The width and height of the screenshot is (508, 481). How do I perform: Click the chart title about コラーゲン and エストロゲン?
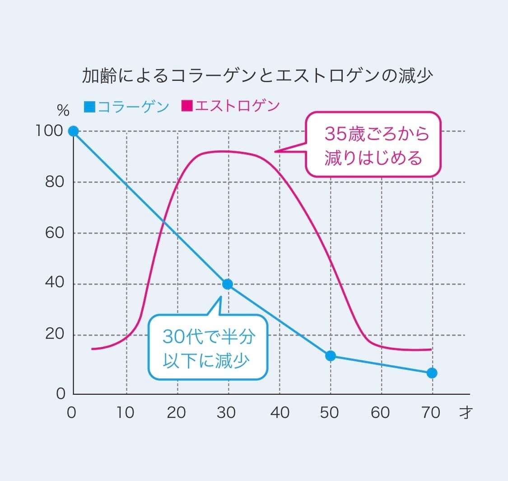(x=257, y=76)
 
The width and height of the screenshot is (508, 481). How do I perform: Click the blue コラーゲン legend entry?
(x=127, y=107)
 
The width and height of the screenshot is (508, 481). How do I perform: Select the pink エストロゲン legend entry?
(x=231, y=106)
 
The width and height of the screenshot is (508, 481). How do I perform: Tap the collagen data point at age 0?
(x=74, y=131)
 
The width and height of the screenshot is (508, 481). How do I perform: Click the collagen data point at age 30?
(x=228, y=284)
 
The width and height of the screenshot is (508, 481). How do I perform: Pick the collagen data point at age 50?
(x=331, y=355)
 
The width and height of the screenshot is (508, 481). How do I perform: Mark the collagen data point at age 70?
(x=432, y=373)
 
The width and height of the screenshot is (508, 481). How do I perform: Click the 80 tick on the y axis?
(x=55, y=182)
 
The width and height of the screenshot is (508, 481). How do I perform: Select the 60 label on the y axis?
(x=55, y=233)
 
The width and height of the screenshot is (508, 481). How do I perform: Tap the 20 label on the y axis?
(x=55, y=335)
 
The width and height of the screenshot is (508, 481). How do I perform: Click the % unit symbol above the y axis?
(x=63, y=111)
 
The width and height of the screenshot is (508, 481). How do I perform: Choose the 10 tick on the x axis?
(x=125, y=412)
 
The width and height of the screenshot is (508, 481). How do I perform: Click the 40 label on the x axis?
(x=280, y=412)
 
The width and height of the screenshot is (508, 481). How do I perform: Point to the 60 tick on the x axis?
(x=381, y=412)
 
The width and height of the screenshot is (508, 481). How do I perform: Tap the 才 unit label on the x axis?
(x=465, y=412)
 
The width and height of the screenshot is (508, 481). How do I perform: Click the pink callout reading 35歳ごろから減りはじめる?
(x=373, y=145)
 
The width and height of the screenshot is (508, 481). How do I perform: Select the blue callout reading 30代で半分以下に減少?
(x=208, y=347)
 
